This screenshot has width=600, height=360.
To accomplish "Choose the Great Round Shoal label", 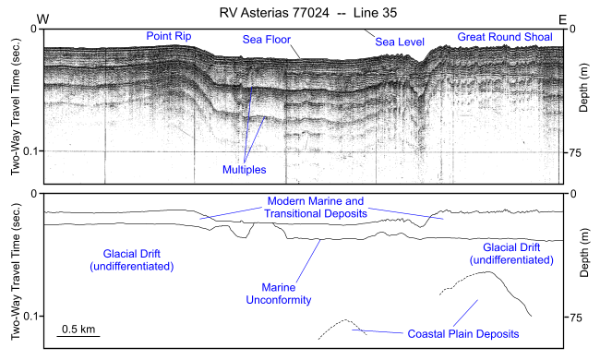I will point(504,37).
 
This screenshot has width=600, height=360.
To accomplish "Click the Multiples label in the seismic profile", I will point(244,170).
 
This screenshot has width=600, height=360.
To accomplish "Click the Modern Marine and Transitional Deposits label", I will point(318,207).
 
